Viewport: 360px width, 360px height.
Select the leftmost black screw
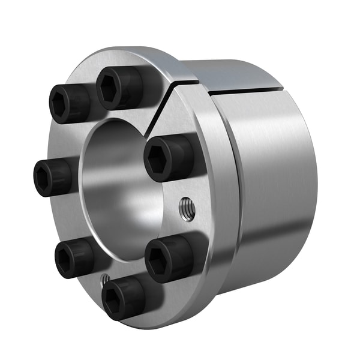pos(53,178)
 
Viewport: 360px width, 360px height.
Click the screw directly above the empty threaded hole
pos(169,158)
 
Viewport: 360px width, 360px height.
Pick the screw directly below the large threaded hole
pos(170,258)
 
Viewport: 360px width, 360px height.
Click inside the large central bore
pos(120,180)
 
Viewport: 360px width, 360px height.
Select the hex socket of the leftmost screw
pos(46,178)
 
